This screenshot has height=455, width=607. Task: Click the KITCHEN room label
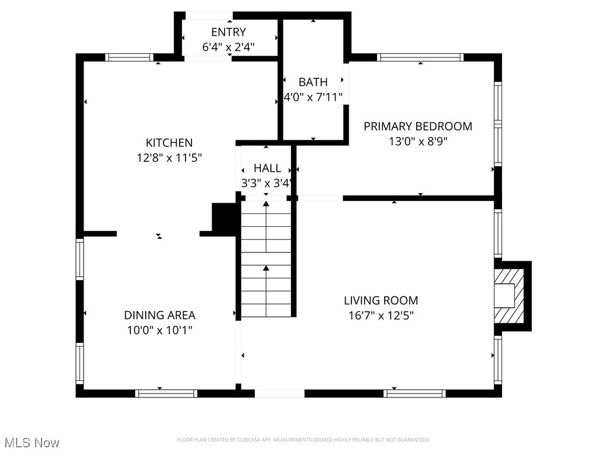pyautogui.click(x=169, y=143)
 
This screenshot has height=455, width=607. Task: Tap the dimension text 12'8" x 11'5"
pyautogui.click(x=169, y=158)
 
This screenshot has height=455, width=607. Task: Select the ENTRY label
pyautogui.click(x=228, y=32)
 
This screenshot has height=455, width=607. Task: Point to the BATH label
pyautogui.click(x=312, y=82)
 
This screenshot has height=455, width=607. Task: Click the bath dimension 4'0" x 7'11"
pyautogui.click(x=312, y=97)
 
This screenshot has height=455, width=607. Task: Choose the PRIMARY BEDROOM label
pyautogui.click(x=417, y=126)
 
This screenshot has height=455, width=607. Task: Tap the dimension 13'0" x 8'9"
pyautogui.click(x=417, y=142)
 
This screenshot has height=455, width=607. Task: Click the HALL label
pyautogui.click(x=267, y=168)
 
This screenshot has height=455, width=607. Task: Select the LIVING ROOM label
pyautogui.click(x=381, y=300)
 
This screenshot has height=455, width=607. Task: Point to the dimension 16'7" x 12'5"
pyautogui.click(x=381, y=315)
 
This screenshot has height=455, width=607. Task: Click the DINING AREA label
pyautogui.click(x=159, y=315)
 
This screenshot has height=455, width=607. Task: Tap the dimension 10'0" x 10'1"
pyautogui.click(x=159, y=331)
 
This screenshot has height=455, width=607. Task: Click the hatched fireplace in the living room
pyautogui.click(x=509, y=296)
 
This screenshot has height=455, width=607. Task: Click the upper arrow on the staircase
pyautogui.click(x=266, y=205)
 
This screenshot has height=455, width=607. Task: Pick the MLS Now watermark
pyautogui.click(x=32, y=443)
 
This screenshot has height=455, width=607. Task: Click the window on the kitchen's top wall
pyautogui.click(x=129, y=57)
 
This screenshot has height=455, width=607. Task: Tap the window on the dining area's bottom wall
pyautogui.click(x=166, y=393)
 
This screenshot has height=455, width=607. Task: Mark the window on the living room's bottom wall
pyautogui.click(x=414, y=393)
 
